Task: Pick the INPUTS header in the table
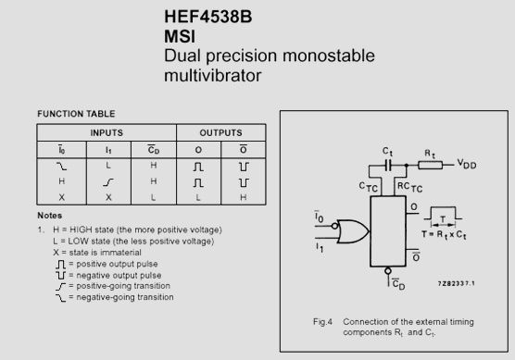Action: click(106, 132)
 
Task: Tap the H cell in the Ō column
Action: click(243, 197)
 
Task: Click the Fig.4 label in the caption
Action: click(323, 321)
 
